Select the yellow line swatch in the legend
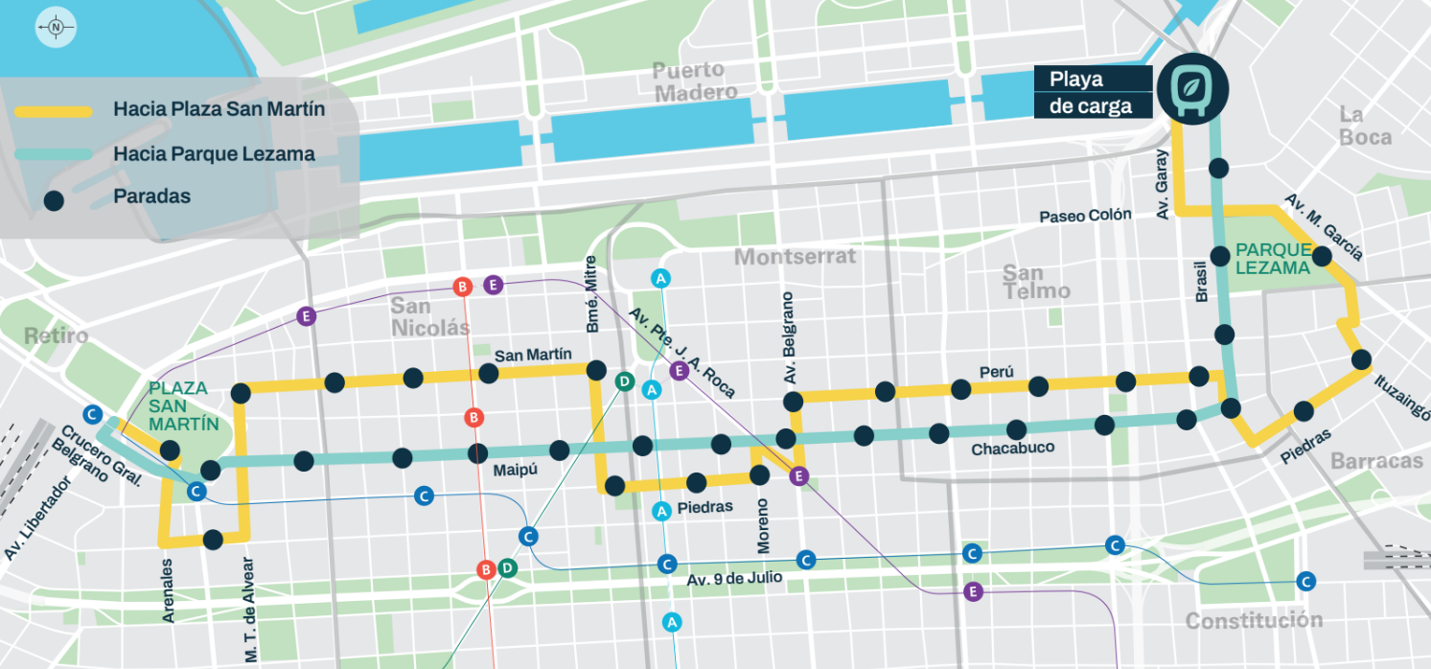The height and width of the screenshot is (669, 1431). (54, 110)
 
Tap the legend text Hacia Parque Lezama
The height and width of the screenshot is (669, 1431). (214, 153)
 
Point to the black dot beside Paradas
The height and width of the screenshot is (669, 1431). (54, 199)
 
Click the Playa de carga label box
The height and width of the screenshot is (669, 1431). (1092, 93)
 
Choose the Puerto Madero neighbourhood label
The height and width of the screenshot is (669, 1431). (695, 81)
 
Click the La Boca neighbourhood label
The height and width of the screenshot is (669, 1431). (1365, 127)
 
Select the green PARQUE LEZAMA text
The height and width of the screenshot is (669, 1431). (1272, 259)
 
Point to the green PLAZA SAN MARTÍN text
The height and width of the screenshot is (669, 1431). (183, 405)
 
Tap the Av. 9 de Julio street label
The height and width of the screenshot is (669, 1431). (734, 579)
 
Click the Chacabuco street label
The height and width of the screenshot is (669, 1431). (1012, 449)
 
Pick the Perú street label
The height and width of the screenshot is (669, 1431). (996, 372)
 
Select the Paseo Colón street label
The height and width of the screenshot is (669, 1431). (1085, 217)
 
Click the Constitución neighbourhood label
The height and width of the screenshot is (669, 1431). (1253, 621)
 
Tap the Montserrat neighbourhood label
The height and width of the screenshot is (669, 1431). (795, 257)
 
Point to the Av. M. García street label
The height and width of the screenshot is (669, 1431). (1323, 227)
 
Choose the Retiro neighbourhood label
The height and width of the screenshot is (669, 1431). (56, 336)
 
